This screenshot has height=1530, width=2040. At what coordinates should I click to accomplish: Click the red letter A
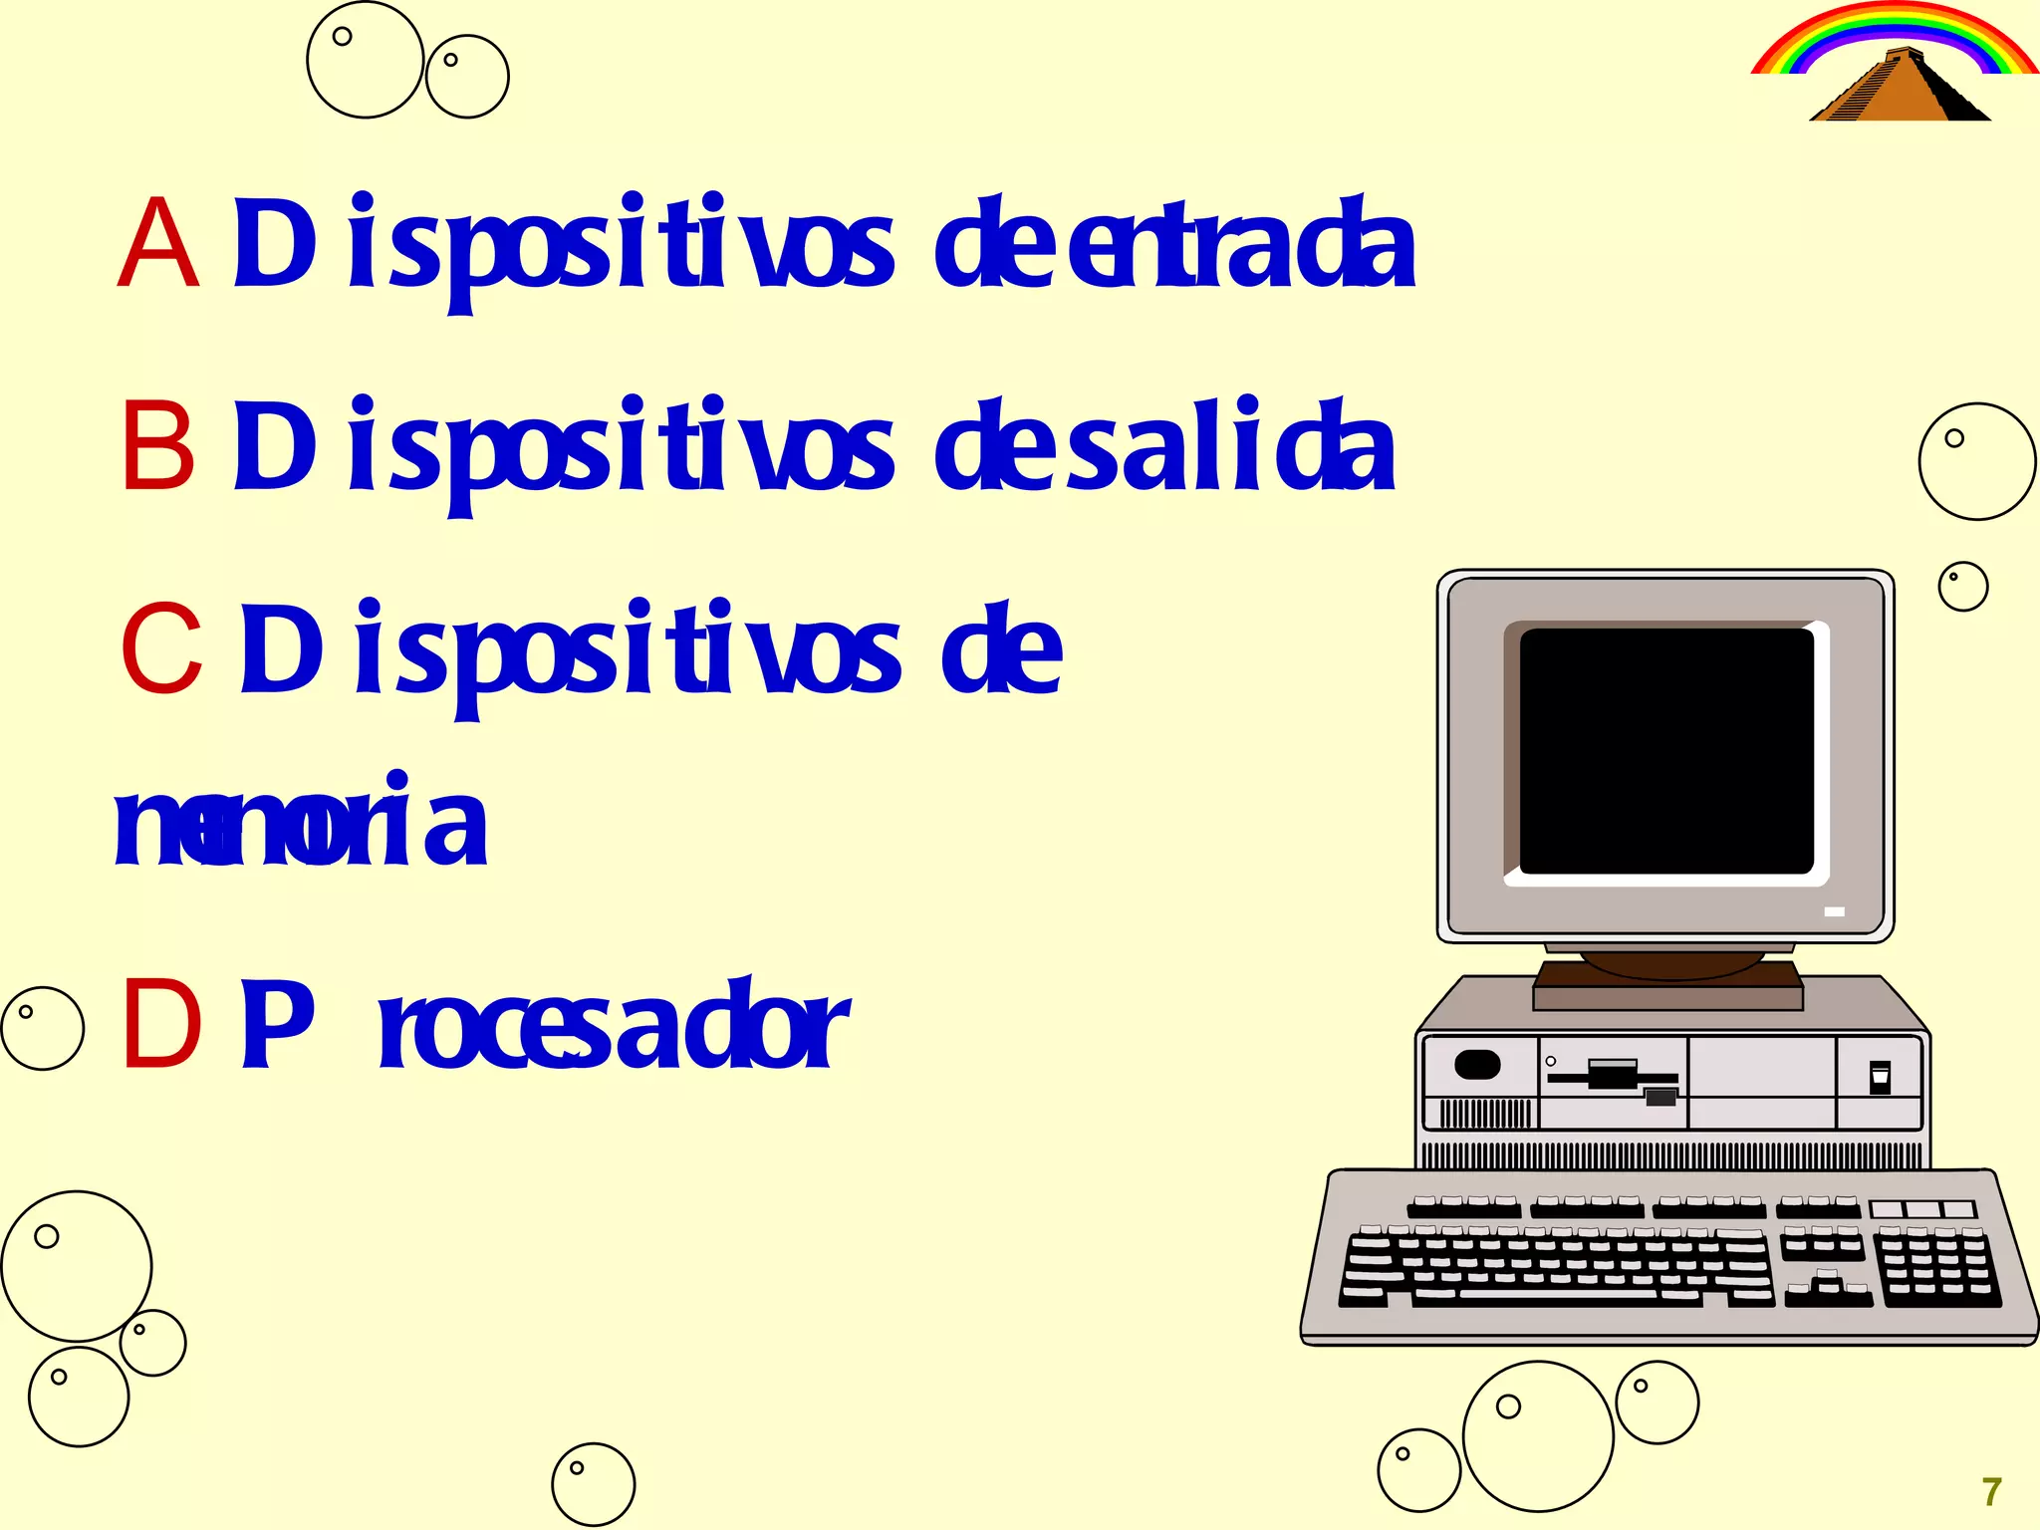point(157,243)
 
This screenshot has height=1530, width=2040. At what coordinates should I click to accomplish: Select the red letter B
point(157,445)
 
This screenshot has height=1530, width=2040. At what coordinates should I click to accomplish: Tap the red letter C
point(161,649)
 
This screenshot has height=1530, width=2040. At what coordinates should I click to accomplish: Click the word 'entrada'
point(1241,245)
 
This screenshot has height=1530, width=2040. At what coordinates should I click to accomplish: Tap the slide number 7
point(1991,1492)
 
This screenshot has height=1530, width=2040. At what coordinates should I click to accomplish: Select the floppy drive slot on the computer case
point(1614,1077)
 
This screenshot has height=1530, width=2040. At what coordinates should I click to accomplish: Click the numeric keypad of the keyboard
point(1936,1267)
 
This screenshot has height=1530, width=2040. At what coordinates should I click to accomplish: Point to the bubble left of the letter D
point(42,1028)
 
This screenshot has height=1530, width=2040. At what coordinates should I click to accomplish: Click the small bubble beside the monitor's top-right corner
point(1962,587)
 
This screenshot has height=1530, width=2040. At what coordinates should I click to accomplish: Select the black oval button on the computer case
point(1477,1065)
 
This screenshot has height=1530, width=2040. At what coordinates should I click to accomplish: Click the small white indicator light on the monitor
point(1834,911)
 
